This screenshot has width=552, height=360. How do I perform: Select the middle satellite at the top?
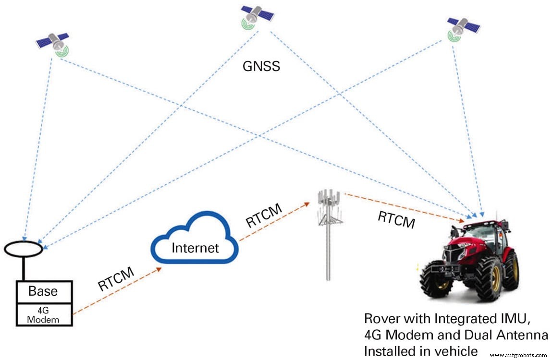click(257, 15)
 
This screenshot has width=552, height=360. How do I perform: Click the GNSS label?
click(261, 66)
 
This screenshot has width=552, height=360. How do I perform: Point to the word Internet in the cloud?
click(195, 248)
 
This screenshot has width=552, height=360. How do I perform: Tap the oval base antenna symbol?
click(24, 249)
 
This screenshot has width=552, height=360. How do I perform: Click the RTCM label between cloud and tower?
click(264, 216)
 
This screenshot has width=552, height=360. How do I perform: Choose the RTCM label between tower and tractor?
click(396, 219)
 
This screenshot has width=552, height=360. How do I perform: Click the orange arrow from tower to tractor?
click(404, 207)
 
